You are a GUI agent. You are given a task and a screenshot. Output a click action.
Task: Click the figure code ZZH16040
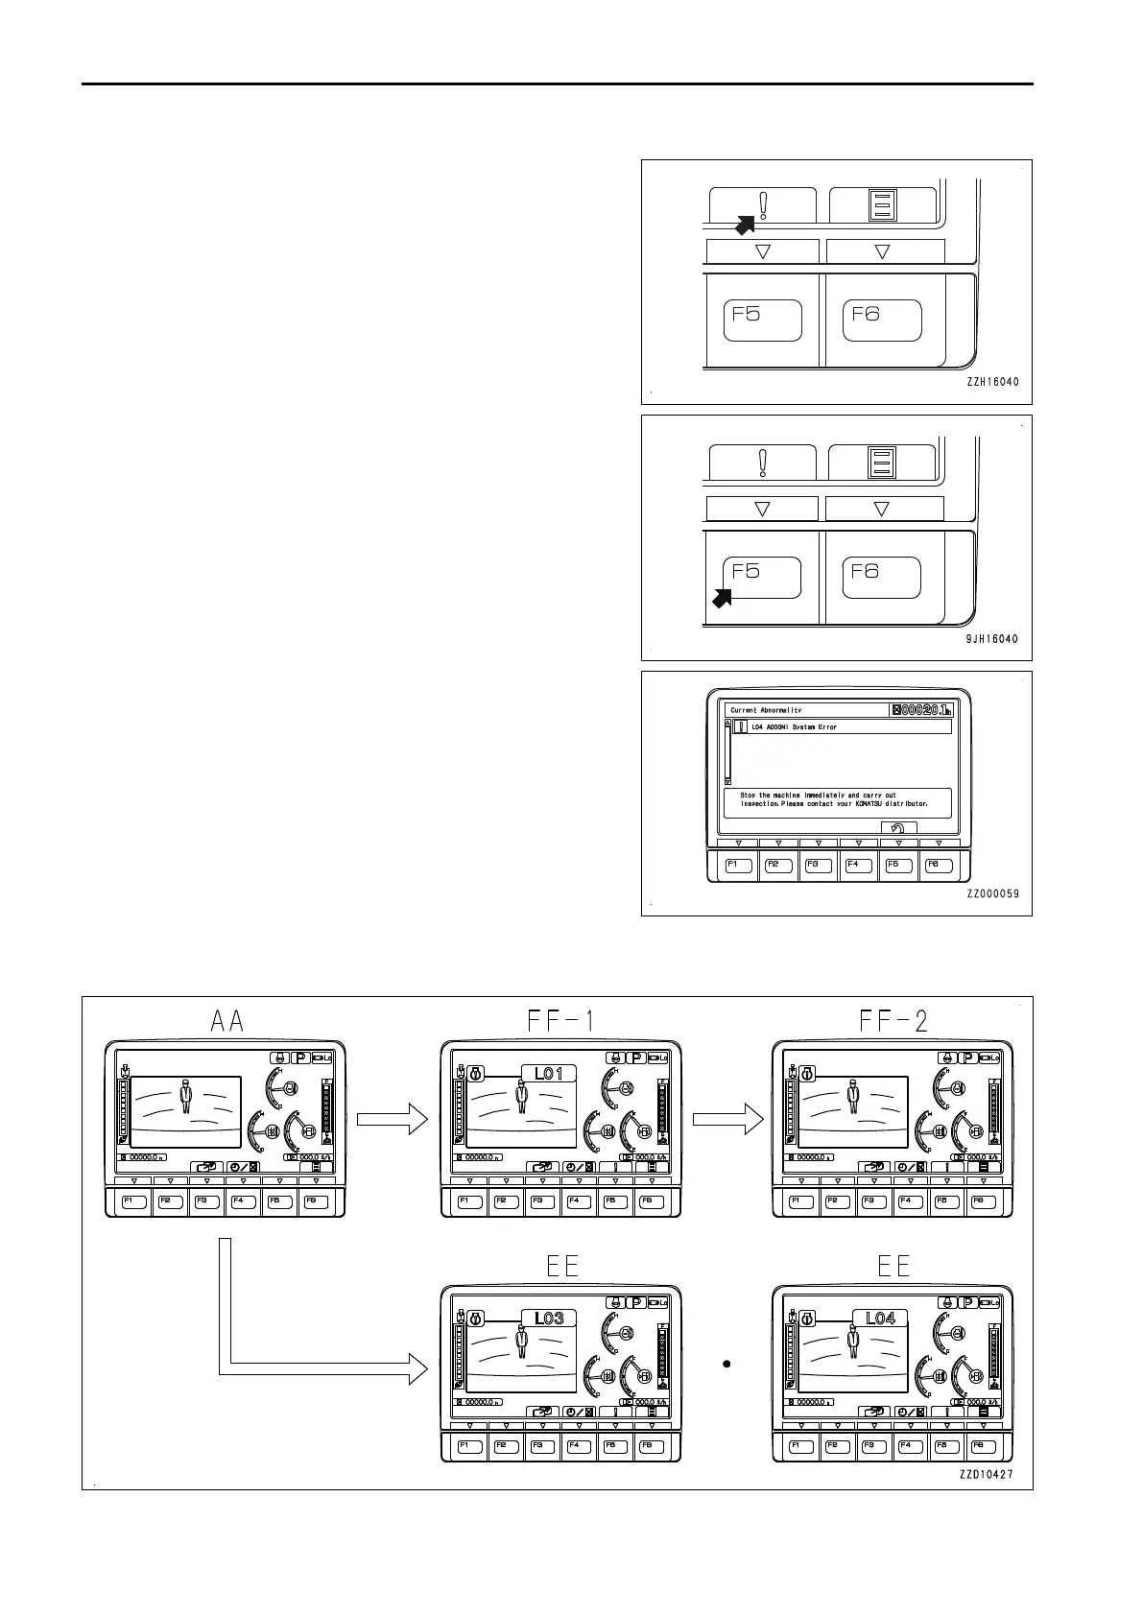992,382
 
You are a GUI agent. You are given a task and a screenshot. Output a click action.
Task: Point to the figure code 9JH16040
992,639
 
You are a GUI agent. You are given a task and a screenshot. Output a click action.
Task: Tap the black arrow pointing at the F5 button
722,598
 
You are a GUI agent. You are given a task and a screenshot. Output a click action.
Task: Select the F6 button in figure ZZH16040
882,320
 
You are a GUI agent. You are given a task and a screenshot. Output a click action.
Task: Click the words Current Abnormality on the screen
766,710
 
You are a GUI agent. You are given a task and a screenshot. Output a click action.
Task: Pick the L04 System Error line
794,727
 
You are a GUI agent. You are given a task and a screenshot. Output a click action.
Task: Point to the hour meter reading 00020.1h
921,710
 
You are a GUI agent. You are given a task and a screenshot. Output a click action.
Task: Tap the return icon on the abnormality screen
898,827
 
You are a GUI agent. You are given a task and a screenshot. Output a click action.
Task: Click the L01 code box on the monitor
549,1074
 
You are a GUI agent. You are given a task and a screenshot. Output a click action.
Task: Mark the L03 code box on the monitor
549,1318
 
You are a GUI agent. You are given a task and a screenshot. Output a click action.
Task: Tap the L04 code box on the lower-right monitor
880,1318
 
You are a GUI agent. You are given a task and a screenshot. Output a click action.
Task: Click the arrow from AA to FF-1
392,1118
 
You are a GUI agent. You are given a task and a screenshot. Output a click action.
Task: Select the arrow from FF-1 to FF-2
727,1118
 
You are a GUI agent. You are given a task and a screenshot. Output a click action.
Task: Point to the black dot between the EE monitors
727,1363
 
